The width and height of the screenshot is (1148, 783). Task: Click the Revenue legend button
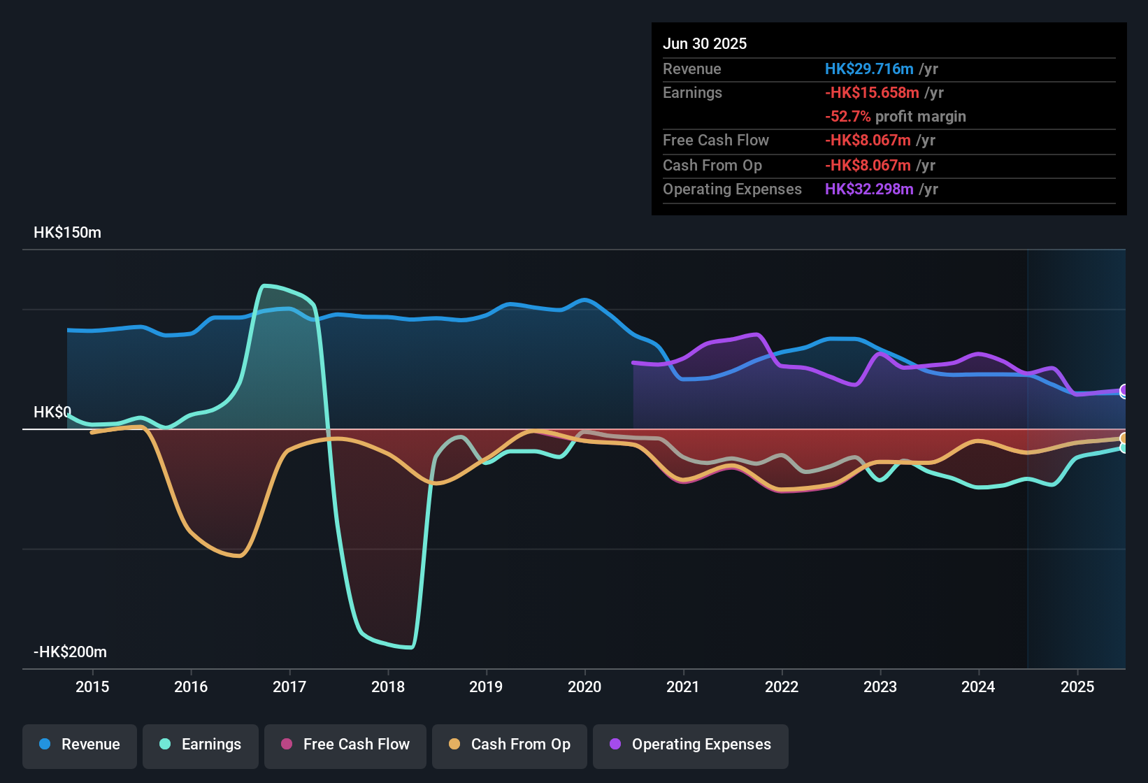[x=80, y=745]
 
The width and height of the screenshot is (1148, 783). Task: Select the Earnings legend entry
[x=201, y=745]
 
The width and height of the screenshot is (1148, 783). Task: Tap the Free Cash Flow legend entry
[x=345, y=745]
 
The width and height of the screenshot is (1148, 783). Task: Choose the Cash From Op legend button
[x=510, y=745]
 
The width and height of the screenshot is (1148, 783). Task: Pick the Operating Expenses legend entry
[x=691, y=745]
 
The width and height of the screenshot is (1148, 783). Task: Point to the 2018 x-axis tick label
[x=388, y=687]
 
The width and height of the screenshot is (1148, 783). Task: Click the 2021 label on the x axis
[x=683, y=687]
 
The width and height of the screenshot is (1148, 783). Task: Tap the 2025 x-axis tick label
[x=1077, y=687]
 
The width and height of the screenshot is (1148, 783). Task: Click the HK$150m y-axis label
[x=67, y=233]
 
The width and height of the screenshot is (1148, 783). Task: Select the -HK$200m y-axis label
[x=70, y=652]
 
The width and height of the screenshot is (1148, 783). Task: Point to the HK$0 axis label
[x=52, y=412]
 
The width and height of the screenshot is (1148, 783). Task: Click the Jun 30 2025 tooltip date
[x=705, y=44]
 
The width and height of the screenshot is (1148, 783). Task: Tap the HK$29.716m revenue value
[x=869, y=69]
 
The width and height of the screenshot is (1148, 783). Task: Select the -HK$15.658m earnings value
[x=872, y=93]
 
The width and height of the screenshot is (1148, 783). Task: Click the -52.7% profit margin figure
[x=847, y=117]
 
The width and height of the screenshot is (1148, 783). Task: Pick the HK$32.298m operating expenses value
[x=869, y=189]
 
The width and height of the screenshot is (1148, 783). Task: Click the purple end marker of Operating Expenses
[x=1124, y=390]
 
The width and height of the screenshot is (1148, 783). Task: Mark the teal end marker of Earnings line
[x=1124, y=447]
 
